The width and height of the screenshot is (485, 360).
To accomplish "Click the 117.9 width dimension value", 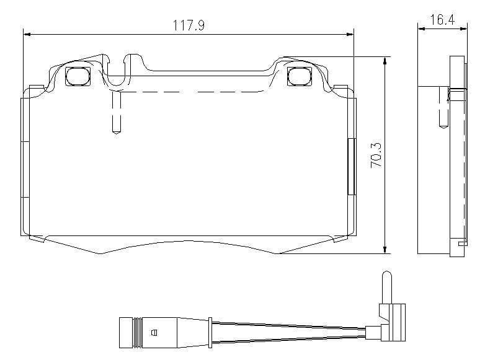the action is pos(189,25).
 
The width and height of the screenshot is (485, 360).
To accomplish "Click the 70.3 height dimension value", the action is pos(376,156).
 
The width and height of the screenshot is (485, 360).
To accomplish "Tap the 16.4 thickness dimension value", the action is pos(443,20).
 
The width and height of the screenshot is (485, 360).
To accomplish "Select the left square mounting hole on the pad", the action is pos(78,76).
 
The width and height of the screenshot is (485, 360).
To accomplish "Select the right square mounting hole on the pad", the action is pos(300,76).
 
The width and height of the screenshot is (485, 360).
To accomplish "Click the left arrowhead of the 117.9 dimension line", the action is pos(27,34).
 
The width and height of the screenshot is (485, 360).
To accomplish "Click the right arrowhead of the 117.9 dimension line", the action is pos(350,34).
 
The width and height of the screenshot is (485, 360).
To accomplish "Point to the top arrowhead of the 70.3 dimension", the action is pos(385,61).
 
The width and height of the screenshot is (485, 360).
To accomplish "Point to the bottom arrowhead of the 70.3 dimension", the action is pos(385,250).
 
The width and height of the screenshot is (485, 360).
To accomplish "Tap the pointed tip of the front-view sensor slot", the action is pos(116,133).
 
